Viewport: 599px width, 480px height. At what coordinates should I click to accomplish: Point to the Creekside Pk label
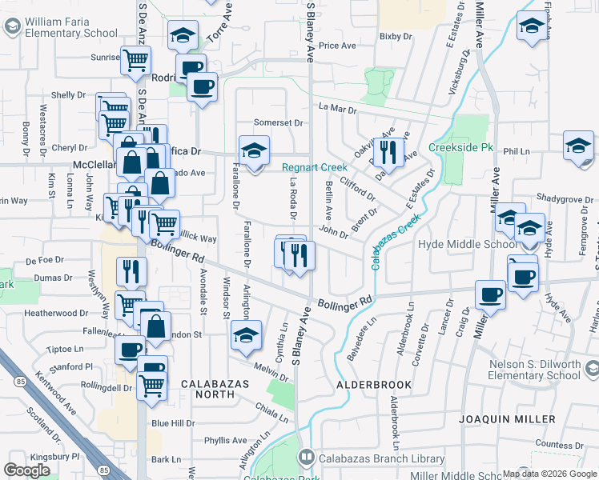(460, 148)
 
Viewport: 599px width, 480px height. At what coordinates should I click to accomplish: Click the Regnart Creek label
(314, 167)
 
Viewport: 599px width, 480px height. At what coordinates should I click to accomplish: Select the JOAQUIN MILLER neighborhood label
(507, 419)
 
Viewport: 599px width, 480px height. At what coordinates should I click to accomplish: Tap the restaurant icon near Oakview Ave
(388, 151)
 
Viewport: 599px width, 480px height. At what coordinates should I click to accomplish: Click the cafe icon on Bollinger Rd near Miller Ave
(490, 294)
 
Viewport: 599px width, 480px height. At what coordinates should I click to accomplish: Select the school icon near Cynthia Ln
(246, 336)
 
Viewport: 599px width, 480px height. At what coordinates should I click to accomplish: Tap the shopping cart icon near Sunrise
(136, 60)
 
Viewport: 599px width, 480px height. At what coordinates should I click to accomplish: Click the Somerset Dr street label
(279, 123)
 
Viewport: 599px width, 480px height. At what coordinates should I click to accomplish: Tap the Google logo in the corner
(27, 470)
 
